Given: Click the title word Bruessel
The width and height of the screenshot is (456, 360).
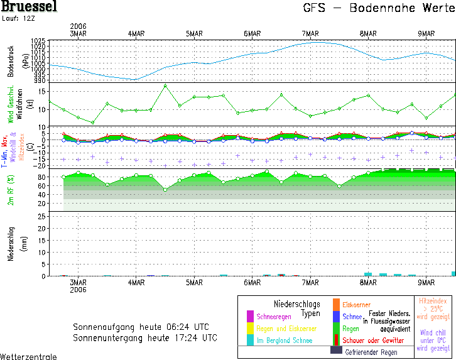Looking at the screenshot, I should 29,8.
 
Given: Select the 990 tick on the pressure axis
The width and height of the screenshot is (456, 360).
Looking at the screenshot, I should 40,80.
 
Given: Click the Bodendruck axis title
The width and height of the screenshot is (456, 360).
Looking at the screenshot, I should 11,60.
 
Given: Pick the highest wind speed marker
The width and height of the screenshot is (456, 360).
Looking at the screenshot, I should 165,86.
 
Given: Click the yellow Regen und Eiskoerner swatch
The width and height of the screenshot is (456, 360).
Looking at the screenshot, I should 249,328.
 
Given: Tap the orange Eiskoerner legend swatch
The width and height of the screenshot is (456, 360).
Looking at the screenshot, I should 336,304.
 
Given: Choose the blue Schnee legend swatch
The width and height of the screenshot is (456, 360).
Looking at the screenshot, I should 336,316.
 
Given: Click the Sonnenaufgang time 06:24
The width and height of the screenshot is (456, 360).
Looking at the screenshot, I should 175,327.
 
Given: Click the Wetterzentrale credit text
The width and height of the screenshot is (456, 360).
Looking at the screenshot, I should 28,356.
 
